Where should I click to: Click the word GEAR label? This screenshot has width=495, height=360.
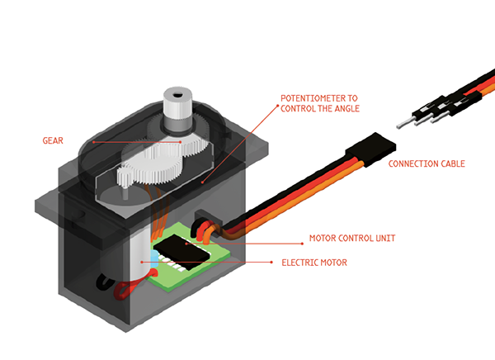pos(52,140)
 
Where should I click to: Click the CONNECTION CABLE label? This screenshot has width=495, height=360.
pos(426,163)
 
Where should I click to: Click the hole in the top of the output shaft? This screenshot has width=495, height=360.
pos(176,93)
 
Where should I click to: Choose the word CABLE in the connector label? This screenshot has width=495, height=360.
pos(449,163)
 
